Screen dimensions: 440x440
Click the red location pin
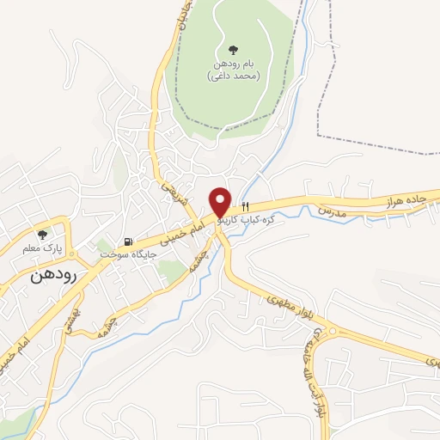221,202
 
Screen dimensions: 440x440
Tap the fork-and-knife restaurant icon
246,207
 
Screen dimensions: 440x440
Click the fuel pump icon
129,243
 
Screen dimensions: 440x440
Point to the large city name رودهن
53,275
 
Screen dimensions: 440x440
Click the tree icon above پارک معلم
41,235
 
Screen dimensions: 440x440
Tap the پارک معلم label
40,248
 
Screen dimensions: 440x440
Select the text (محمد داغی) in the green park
235,76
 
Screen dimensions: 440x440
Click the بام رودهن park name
235,64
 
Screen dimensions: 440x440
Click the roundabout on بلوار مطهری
330,333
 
